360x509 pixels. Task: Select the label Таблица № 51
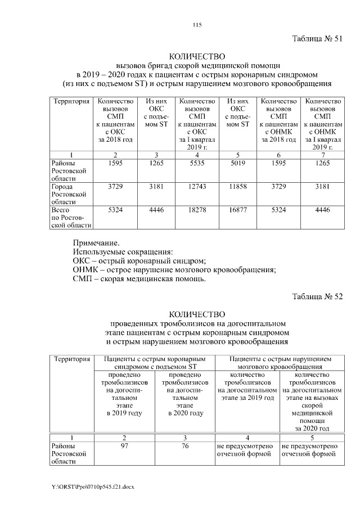click(x=317, y=39)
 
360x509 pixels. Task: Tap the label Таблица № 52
click(x=317, y=296)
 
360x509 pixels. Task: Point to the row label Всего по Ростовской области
click(x=68, y=217)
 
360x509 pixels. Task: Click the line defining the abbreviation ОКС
click(x=140, y=260)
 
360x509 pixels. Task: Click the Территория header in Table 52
click(x=71, y=358)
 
